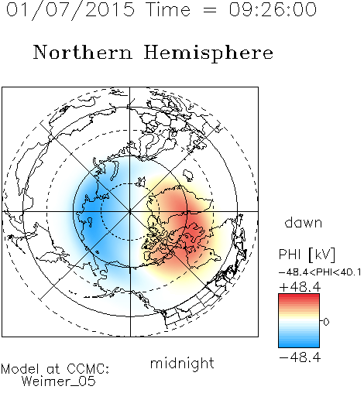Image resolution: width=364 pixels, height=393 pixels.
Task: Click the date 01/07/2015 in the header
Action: tap(70, 10)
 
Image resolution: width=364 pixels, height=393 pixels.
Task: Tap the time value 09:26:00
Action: tap(273, 9)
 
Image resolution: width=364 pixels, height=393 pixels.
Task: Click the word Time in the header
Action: tap(168, 9)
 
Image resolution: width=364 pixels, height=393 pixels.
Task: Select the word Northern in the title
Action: tap(83, 52)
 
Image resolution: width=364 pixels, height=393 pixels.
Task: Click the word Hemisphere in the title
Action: tap(208, 53)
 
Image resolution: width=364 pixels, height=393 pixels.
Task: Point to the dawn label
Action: tap(304, 222)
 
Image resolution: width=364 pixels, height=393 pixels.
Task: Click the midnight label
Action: tap(182, 364)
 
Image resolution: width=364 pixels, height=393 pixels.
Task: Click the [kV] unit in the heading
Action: tap(321, 255)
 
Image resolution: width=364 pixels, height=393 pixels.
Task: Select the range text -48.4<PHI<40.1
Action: tap(320, 272)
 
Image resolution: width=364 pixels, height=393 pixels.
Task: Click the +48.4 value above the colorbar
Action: tap(300, 287)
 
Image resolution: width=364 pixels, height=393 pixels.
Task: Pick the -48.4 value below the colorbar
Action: tap(300, 357)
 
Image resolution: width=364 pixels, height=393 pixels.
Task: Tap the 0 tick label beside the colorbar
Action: tap(326, 322)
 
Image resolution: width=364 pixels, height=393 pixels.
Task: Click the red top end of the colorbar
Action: tap(299, 296)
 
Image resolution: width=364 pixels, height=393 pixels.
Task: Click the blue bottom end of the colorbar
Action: tap(299, 345)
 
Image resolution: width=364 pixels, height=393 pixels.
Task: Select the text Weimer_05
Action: tap(59, 381)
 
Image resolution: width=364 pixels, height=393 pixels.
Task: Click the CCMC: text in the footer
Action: tap(88, 369)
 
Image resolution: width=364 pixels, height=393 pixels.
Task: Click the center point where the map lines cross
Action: tap(130, 211)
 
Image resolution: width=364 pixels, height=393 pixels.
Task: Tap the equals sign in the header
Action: tap(210, 10)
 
